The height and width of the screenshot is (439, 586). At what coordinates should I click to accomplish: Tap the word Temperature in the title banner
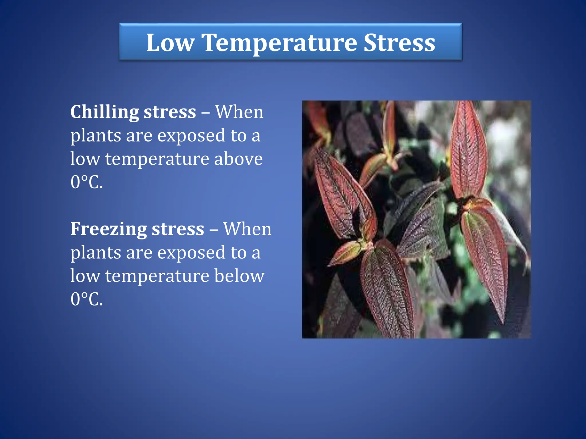pyautogui.click(x=279, y=43)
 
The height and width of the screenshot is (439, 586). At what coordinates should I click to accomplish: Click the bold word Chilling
pyautogui.click(x=104, y=112)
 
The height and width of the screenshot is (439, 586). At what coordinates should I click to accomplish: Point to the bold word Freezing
pyautogui.click(x=108, y=229)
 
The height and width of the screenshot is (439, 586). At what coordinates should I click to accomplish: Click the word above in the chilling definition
pyautogui.click(x=238, y=159)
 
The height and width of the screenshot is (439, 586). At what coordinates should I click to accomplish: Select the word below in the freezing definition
pyautogui.click(x=239, y=276)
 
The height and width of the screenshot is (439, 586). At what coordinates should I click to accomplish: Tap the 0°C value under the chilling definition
pyautogui.click(x=86, y=182)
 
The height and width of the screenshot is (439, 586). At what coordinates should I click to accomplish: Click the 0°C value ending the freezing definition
pyautogui.click(x=86, y=299)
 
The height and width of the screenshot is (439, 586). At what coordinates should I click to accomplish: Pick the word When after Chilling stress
pyautogui.click(x=239, y=112)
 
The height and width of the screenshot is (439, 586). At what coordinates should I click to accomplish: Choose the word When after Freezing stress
pyautogui.click(x=247, y=229)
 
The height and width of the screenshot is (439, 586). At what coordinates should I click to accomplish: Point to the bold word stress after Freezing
pyautogui.click(x=178, y=229)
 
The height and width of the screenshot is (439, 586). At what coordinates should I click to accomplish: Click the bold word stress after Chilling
pyautogui.click(x=170, y=112)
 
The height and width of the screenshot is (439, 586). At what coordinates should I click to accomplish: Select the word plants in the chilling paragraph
pyautogui.click(x=96, y=136)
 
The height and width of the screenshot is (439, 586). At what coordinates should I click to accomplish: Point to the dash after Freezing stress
pyautogui.click(x=213, y=230)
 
